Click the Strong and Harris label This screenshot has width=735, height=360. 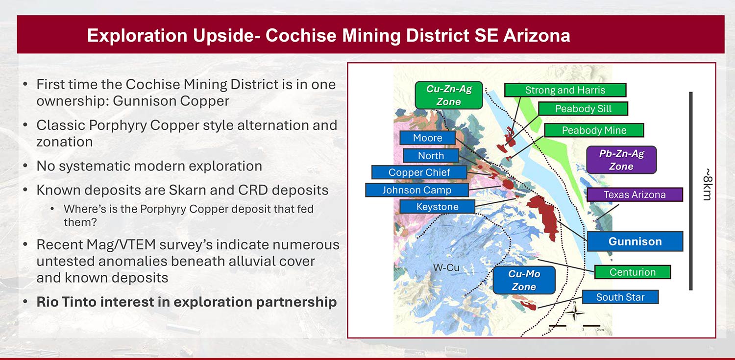point(565,90)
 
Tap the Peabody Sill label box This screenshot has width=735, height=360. point(583,109)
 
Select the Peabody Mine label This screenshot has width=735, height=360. point(594,130)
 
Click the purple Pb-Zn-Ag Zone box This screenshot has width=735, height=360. point(621,160)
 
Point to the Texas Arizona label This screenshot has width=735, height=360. point(635,194)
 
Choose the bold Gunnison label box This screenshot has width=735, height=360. point(635,241)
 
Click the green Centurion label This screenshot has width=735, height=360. point(633,272)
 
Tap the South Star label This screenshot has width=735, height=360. point(620,297)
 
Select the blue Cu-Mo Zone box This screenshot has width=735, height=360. point(524,280)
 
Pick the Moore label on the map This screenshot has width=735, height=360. point(427,138)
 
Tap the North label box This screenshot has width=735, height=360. point(431,156)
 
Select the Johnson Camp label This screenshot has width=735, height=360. point(416,190)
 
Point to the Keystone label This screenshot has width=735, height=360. point(437,207)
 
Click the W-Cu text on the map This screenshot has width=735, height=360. point(446,267)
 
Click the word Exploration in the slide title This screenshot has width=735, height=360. point(137,36)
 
